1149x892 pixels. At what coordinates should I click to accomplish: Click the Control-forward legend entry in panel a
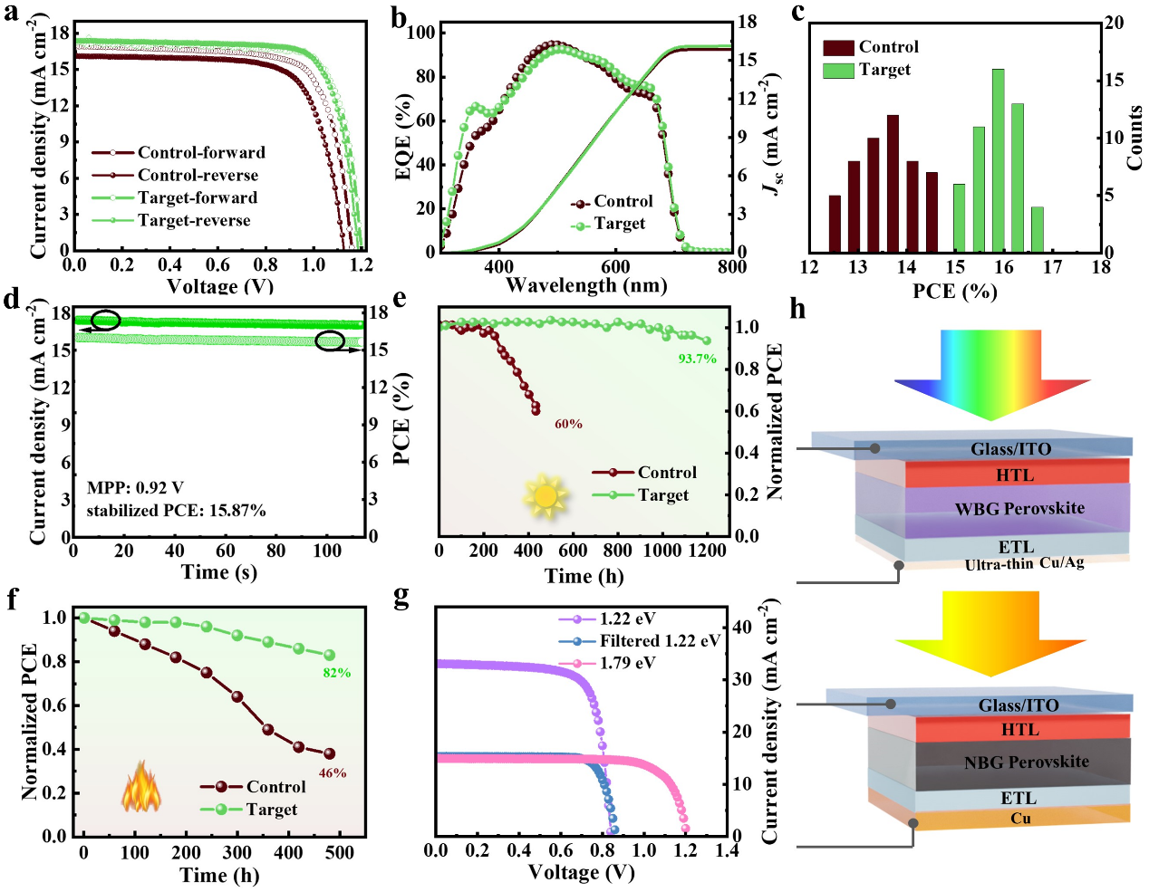(201, 152)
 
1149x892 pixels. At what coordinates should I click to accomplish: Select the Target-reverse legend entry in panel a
(194, 220)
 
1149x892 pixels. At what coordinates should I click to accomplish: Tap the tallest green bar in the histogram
(998, 160)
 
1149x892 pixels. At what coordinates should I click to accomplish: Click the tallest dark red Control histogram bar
(893, 183)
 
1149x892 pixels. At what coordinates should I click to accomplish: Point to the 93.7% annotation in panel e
(697, 359)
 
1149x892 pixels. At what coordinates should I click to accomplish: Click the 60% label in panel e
(568, 424)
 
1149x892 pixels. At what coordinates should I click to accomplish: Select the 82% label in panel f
(337, 673)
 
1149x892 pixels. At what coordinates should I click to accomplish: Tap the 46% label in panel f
(333, 773)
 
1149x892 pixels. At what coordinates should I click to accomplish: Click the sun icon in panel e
(545, 495)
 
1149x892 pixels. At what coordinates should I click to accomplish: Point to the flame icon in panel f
(141, 787)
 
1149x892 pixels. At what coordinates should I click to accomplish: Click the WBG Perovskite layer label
(1019, 508)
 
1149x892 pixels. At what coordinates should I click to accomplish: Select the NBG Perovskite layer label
(1027, 763)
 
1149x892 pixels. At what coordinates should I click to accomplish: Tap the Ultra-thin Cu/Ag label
(1024, 564)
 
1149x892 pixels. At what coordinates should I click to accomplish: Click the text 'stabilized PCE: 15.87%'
(176, 511)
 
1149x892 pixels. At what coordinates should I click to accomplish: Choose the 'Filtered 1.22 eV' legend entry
(660, 641)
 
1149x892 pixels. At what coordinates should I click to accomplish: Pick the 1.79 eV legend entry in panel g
(627, 663)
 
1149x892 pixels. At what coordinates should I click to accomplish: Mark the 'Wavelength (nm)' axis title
(586, 285)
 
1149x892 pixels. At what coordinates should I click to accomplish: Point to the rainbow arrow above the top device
(992, 373)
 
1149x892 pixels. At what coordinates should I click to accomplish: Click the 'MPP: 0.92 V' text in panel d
(135, 488)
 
